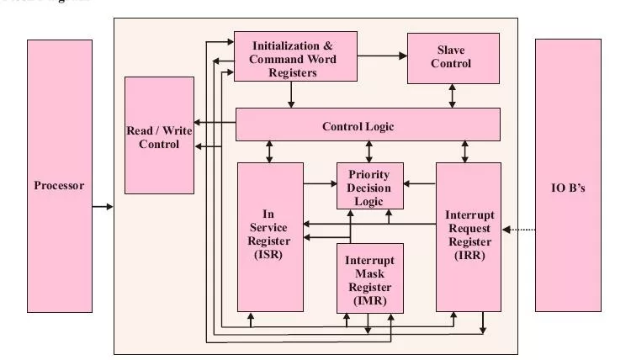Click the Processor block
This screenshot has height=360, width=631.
pyautogui.click(x=59, y=185)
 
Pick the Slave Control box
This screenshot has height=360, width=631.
pyautogui.click(x=453, y=58)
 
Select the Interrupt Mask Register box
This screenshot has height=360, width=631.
pyautogui.click(x=369, y=278)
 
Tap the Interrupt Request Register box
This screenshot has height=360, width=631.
pyautogui.click(x=468, y=236)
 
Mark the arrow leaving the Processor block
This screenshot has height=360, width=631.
pyautogui.click(x=102, y=205)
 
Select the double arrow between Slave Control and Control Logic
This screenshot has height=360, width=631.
pyautogui.click(x=453, y=96)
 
